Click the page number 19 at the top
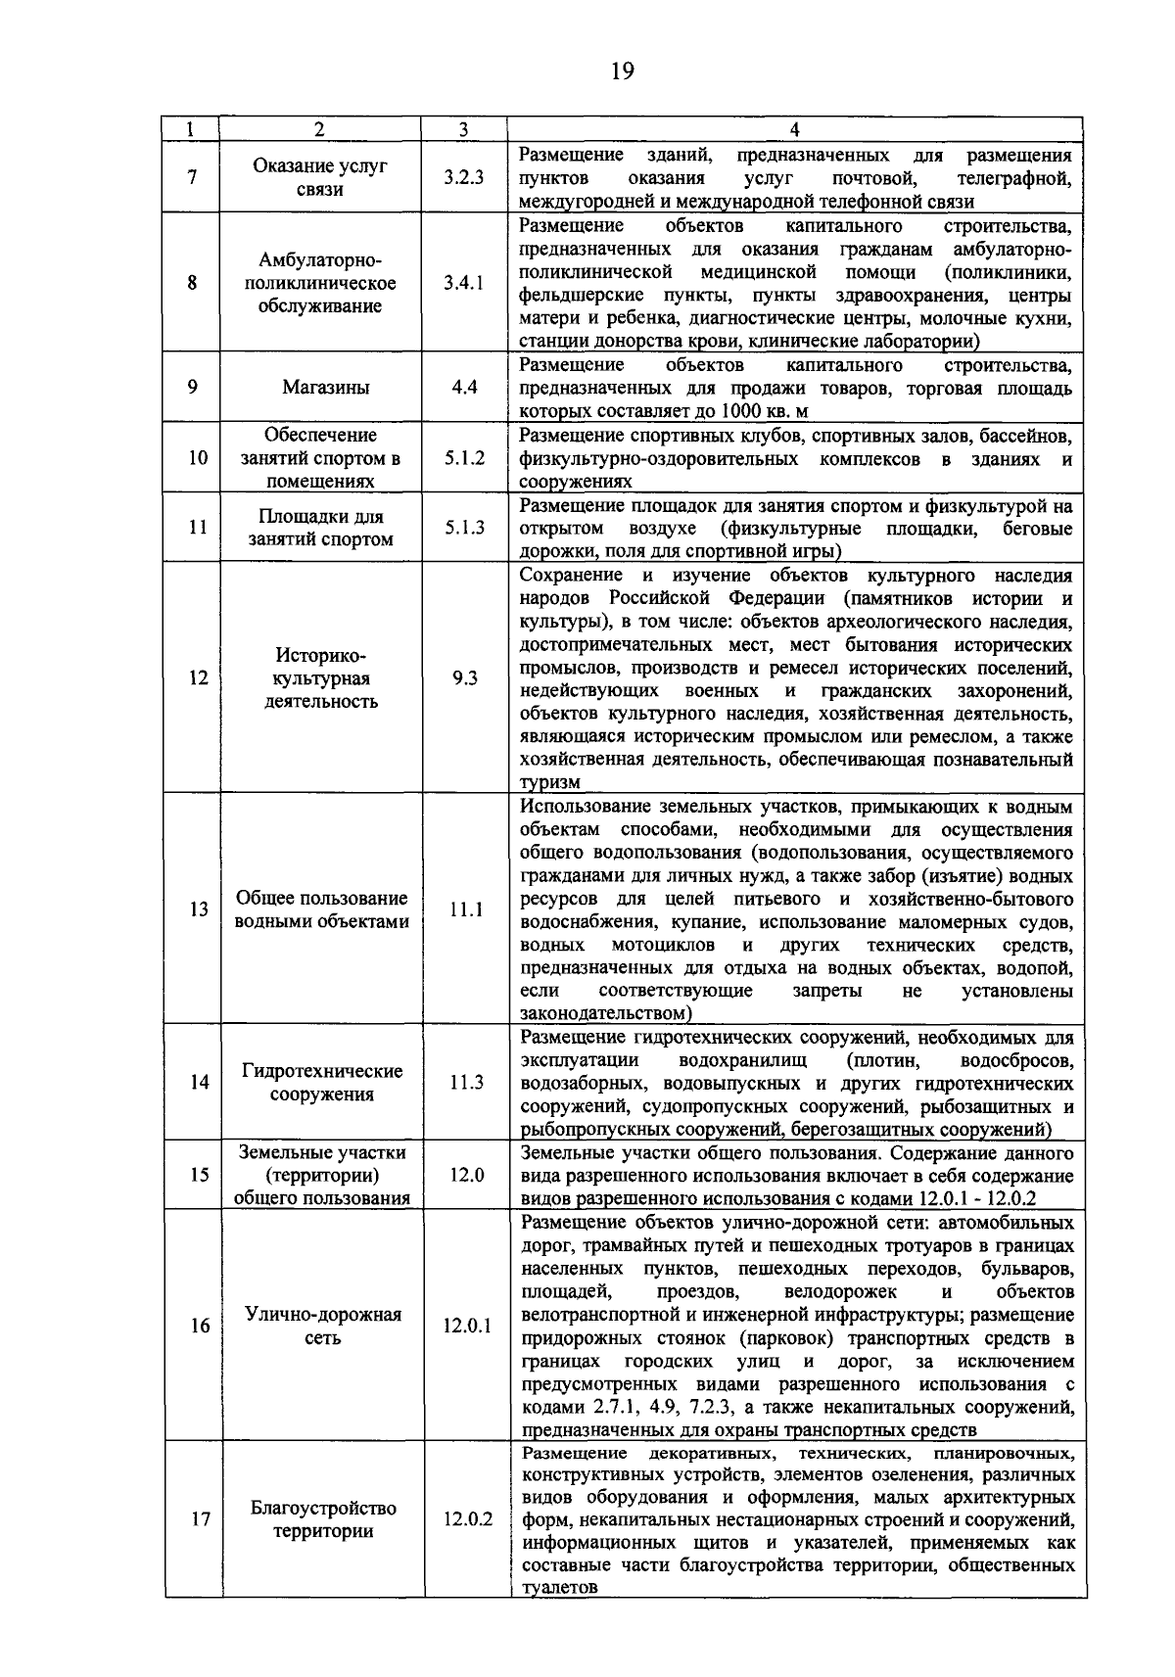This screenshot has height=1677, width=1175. point(622,71)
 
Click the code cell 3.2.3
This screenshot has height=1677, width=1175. point(463,177)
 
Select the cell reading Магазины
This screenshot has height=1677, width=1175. point(326,387)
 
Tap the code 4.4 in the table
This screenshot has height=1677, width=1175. point(464,387)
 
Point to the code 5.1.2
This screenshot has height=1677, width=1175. point(464,457)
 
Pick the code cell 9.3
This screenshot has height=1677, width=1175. point(465,677)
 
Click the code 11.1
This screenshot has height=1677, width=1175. point(466,909)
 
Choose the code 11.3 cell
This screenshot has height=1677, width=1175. point(466,1082)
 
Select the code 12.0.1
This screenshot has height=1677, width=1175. point(467,1326)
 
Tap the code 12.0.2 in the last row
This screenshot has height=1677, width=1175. point(467,1519)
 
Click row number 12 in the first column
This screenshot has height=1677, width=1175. point(199,677)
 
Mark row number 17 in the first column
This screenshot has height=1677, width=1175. point(201,1519)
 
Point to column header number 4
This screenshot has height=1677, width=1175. point(794,129)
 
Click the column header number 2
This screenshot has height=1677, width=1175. point(319,129)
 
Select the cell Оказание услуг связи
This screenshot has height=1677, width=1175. point(320,177)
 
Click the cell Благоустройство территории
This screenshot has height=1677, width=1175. point(323,1519)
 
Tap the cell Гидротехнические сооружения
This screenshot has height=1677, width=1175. point(322,1083)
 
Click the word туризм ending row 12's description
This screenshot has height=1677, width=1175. point(549,782)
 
